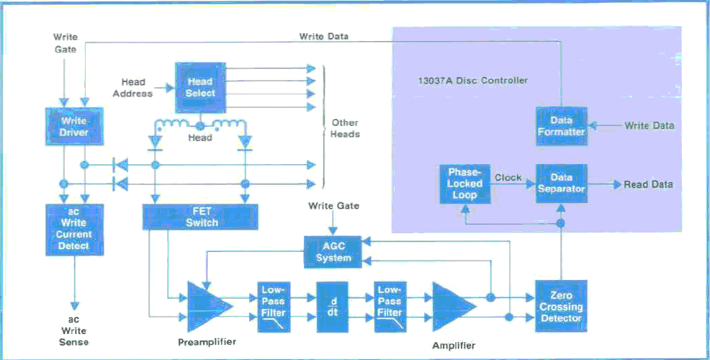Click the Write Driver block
[x=74, y=126]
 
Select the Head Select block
[x=200, y=87]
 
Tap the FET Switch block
[x=200, y=217]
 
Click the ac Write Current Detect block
[x=74, y=230]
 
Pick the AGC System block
[x=333, y=252]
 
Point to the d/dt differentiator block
[x=333, y=307]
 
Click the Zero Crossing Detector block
[x=561, y=306]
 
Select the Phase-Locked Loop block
[x=464, y=184]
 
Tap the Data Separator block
[x=562, y=184]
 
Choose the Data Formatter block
[x=562, y=126]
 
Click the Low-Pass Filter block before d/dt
[x=274, y=307]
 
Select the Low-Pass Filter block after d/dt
[x=390, y=307]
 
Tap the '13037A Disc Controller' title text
[x=472, y=81]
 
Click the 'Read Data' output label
[x=648, y=184]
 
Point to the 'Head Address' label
[x=132, y=88]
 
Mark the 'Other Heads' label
[x=345, y=128]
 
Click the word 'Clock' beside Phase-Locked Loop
[x=508, y=178]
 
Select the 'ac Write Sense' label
[x=73, y=331]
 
